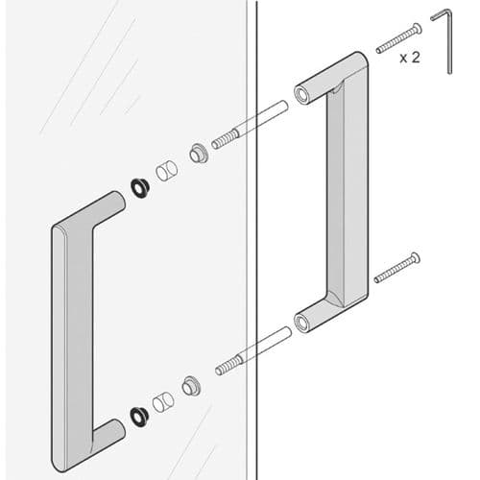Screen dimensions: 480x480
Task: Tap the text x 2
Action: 410,58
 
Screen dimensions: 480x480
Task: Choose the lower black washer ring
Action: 140,417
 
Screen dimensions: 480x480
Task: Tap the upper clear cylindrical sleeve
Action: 167,173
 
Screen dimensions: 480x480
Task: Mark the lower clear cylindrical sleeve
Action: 165,400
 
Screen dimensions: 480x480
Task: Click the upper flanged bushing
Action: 197,154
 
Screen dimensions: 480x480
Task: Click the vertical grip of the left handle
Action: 70,336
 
